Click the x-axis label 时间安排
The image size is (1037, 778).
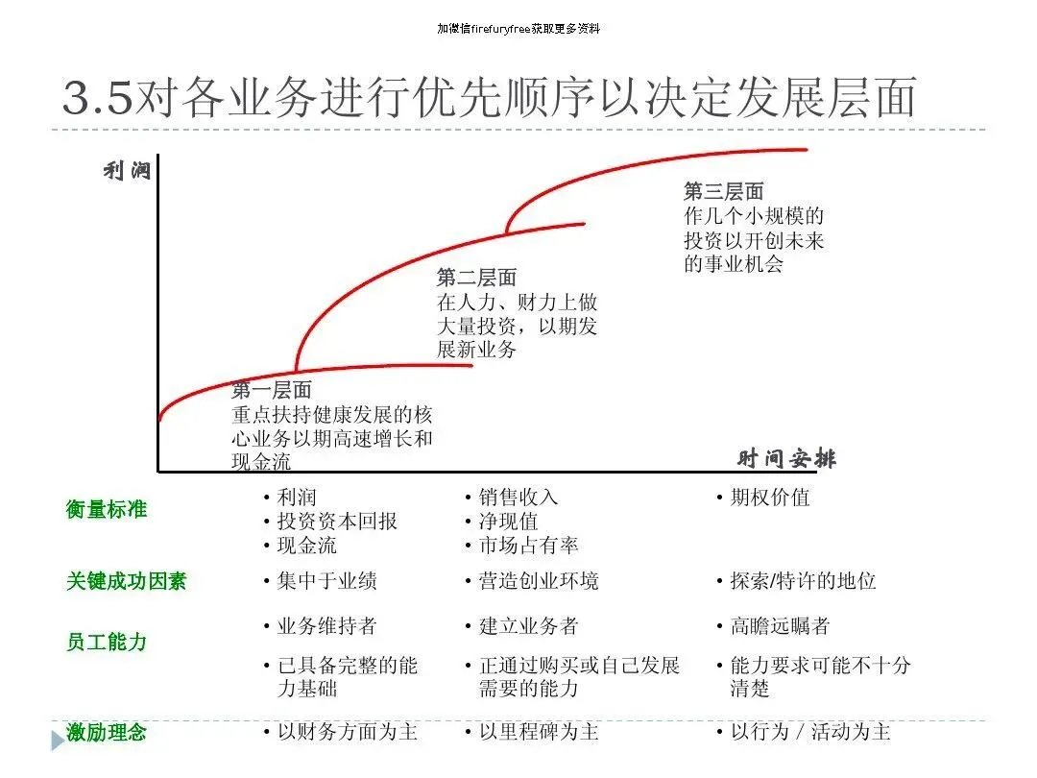786,459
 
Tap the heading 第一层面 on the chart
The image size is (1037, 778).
272,391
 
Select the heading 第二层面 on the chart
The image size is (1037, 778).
476,279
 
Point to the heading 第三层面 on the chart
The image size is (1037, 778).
724,192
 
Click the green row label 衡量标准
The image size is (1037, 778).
107,510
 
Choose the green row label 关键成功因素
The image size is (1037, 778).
126,581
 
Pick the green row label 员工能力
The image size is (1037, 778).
107,642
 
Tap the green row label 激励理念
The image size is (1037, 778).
107,733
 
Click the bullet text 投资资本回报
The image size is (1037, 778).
337,522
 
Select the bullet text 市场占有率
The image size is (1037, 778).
528,546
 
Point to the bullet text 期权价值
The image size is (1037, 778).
769,498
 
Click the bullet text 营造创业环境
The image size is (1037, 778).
539,581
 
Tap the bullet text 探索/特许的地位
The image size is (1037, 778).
803,581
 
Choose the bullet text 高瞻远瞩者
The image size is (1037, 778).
779,626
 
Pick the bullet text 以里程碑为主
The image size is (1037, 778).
539,732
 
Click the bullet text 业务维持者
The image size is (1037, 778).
326,626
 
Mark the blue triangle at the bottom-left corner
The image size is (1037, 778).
57,741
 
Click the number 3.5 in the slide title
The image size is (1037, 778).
96,99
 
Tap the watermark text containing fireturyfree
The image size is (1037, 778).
518,29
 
